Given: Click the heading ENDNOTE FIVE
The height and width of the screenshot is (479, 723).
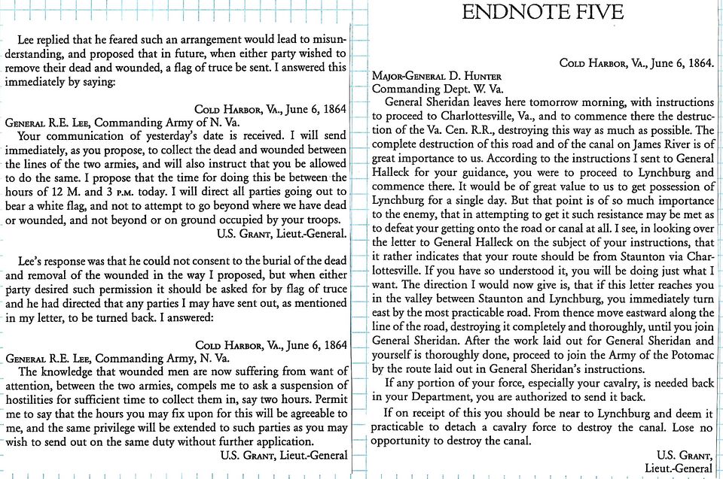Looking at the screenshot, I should (542, 13).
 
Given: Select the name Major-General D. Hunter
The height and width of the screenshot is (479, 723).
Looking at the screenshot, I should (437, 76).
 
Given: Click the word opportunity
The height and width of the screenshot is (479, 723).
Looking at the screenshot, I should (406, 441).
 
